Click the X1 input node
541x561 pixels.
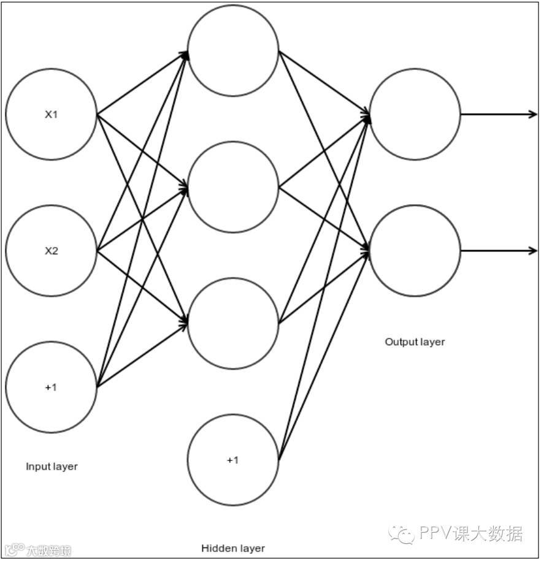(51, 114)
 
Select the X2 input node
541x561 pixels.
(51, 251)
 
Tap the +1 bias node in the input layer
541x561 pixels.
(51, 387)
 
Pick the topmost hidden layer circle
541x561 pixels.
(233, 50)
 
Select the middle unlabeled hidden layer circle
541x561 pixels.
(233, 187)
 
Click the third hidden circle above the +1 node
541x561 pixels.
(233, 323)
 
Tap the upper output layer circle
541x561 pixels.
(415, 114)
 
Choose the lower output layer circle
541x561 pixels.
(415, 251)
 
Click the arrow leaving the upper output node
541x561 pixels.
(499, 114)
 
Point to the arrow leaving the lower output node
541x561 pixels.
(499, 251)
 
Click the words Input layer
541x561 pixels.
(52, 467)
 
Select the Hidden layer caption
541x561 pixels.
(233, 548)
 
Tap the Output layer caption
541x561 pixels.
(415, 342)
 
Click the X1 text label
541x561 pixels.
(51, 114)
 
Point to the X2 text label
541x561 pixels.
(51, 251)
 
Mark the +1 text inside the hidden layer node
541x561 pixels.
(233, 460)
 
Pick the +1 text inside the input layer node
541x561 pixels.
(51, 387)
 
